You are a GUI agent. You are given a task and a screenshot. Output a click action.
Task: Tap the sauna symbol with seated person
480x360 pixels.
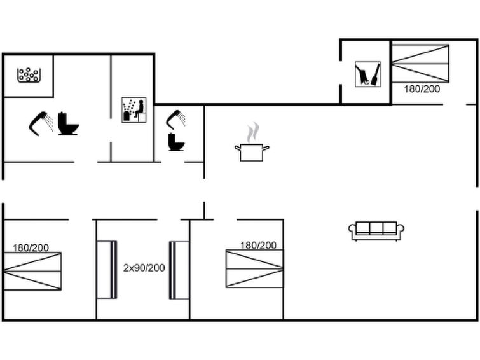coord(134,110)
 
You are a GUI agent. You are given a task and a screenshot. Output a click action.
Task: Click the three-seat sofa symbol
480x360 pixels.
coord(376,231)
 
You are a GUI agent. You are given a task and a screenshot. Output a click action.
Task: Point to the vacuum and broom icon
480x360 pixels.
coord(367,74)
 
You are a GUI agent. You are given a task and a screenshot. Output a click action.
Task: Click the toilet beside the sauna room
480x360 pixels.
coord(176,142)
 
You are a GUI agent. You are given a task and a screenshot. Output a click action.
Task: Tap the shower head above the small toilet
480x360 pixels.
coord(175,120)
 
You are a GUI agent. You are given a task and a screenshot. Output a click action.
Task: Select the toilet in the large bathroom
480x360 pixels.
coord(68,123)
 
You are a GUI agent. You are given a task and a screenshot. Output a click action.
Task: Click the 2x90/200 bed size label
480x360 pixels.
coord(144,268)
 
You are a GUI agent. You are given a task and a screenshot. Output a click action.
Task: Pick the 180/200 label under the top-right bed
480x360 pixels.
coord(422,89)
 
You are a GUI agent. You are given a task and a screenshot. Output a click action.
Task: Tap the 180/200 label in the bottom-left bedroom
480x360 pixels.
coord(31,247)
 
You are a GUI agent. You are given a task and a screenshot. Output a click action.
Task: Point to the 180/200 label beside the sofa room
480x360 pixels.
coord(258,245)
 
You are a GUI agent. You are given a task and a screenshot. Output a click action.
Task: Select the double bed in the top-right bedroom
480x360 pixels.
coord(420,64)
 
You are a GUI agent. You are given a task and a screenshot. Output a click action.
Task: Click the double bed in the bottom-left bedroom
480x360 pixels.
coord(32,271)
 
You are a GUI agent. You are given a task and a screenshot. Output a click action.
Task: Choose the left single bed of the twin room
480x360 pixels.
coord(107,270)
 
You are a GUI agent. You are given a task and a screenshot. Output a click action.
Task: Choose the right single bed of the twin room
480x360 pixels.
coord(179,270)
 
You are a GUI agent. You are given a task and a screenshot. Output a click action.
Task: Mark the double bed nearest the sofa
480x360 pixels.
coord(255,268)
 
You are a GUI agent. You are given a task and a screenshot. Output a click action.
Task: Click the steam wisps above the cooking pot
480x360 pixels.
coord(253,133)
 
